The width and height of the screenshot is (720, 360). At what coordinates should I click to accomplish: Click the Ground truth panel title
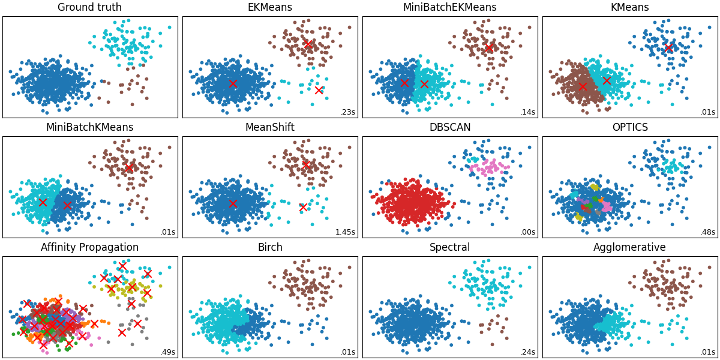point(89,8)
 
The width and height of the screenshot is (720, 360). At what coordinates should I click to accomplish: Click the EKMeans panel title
point(269,8)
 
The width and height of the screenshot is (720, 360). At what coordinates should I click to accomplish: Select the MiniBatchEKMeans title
point(449,8)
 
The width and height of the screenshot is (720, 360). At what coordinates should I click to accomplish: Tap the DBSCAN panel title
point(449,128)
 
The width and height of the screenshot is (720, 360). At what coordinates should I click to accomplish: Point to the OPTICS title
point(629,128)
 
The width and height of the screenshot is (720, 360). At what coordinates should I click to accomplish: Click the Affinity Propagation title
point(89,248)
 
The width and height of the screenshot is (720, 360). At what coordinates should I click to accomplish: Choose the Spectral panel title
point(449,248)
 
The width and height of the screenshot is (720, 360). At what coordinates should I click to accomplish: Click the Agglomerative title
point(629,248)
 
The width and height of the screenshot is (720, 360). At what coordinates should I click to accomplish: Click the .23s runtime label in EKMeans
point(347,112)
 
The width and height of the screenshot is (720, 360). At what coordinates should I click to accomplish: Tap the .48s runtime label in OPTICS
point(707,232)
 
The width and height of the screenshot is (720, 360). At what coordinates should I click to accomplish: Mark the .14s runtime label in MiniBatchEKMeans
point(527,112)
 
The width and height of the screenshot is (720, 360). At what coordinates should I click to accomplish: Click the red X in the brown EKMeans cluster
point(308,43)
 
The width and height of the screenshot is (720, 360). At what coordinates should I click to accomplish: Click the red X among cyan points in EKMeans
point(319,90)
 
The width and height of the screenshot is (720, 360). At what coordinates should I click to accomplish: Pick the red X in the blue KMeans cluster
point(668,47)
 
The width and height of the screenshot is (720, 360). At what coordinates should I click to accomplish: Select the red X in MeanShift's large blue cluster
point(233,203)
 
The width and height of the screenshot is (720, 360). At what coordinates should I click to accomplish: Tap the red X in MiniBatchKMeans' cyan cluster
point(43,202)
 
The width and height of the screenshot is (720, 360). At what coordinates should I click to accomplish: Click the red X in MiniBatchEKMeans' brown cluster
point(489,47)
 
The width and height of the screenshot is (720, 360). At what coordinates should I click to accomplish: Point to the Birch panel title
point(269,248)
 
